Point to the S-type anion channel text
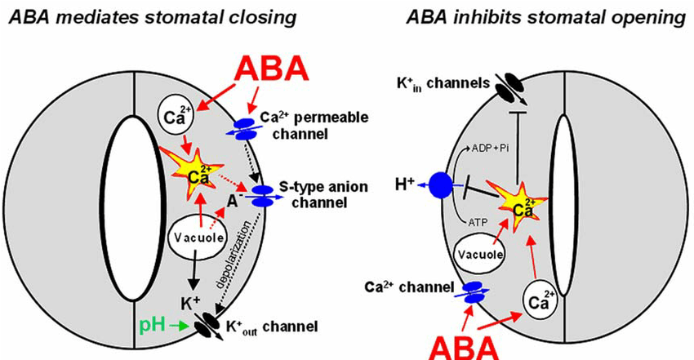tap(331, 195)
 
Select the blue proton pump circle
tap(443, 184)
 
